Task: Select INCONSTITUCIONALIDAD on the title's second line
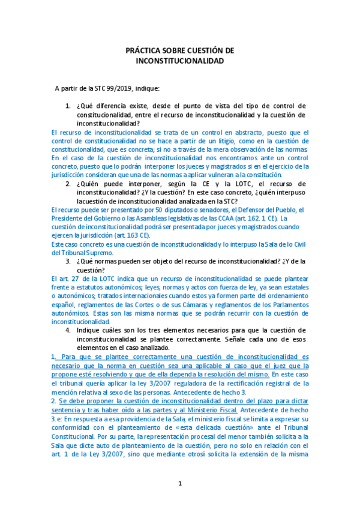coord(180,61)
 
